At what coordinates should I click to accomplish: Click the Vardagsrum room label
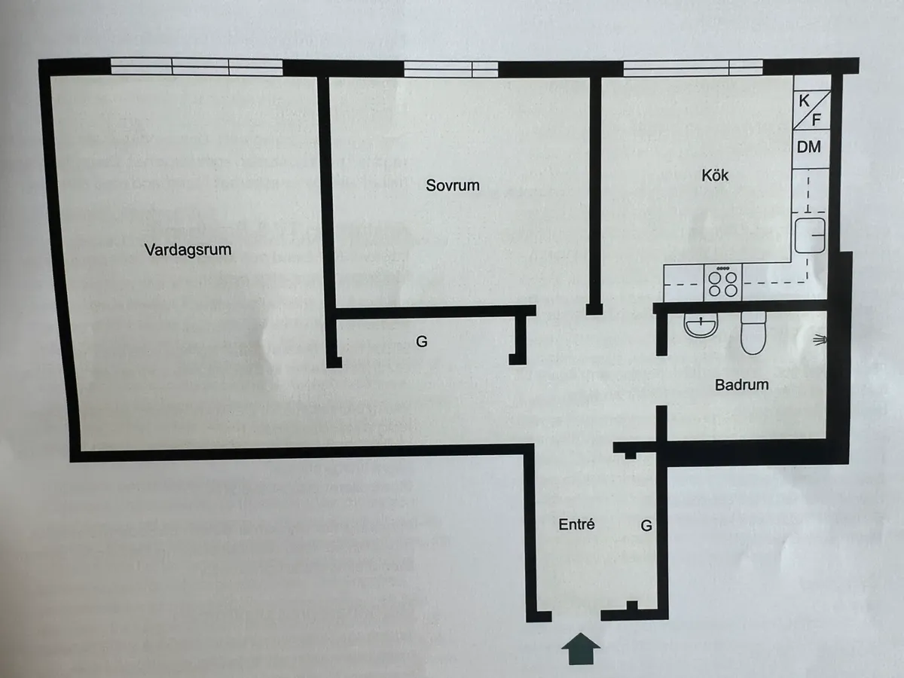[x=188, y=250]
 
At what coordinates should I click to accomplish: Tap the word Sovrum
[x=453, y=185]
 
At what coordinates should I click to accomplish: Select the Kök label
[x=715, y=176]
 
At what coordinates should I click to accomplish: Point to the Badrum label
[x=742, y=385]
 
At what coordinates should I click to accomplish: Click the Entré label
[x=576, y=524]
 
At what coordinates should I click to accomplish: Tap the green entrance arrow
[x=581, y=649]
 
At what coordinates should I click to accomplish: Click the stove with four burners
[x=722, y=282]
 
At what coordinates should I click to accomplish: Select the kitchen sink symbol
[x=810, y=236]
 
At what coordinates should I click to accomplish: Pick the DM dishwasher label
[x=809, y=147]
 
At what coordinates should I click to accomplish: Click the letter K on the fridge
[x=804, y=100]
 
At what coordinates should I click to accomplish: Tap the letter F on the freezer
[x=817, y=121]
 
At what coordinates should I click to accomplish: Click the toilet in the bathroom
[x=753, y=333]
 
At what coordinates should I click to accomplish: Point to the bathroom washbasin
[x=701, y=325]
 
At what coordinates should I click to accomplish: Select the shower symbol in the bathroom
[x=820, y=340]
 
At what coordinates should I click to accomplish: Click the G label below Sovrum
[x=421, y=341]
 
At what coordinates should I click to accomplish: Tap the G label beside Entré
[x=646, y=526]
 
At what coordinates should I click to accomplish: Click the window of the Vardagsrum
[x=197, y=67]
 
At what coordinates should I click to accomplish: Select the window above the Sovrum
[x=451, y=69]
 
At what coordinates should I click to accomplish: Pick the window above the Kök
[x=693, y=68]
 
